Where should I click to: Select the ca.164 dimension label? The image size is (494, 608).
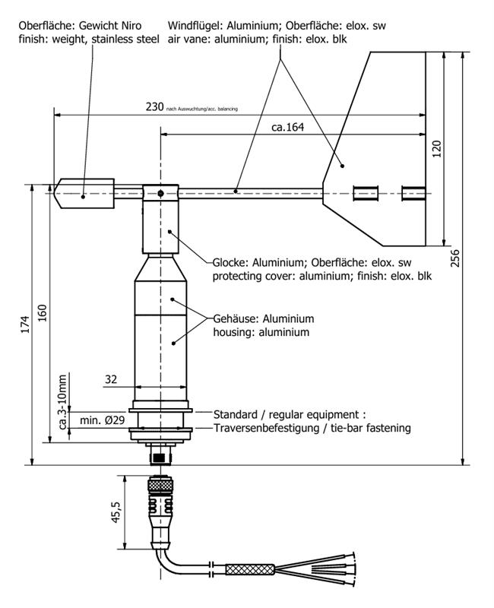287,127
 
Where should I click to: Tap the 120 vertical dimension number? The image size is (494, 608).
436,148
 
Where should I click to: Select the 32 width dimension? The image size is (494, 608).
111,379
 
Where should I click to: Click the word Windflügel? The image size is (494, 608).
195,25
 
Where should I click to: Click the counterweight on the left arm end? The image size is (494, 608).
83,193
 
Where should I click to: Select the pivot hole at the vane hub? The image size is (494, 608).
161,194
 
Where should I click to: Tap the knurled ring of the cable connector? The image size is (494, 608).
159,484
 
